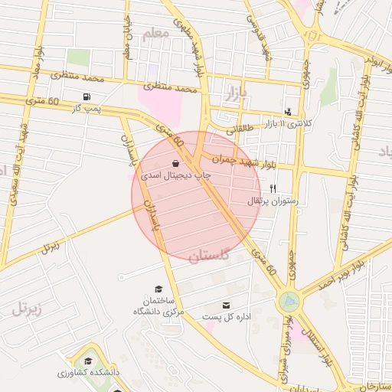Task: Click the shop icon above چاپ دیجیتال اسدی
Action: [x=176, y=163]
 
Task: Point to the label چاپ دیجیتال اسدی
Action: [x=175, y=175]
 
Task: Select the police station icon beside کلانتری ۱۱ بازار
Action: [x=288, y=111]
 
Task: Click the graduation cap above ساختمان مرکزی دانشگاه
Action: [x=158, y=289]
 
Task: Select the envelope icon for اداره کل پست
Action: [x=225, y=305]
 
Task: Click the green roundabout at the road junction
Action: [x=289, y=300]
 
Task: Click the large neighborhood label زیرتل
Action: [x=31, y=309]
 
